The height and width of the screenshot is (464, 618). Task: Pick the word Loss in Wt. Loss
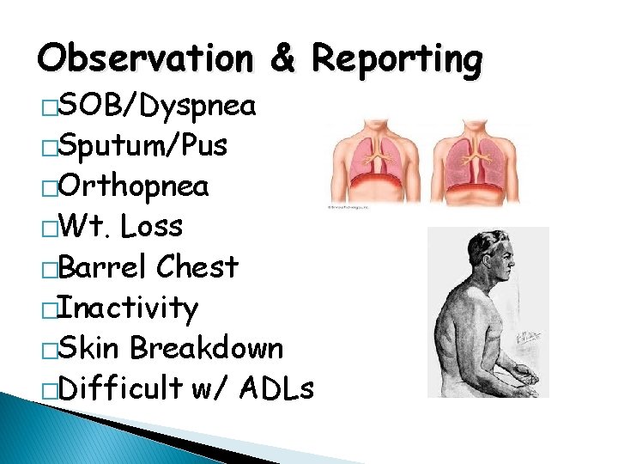(152, 227)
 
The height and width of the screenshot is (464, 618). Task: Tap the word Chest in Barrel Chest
(197, 267)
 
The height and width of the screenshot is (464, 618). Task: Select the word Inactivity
(128, 308)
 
